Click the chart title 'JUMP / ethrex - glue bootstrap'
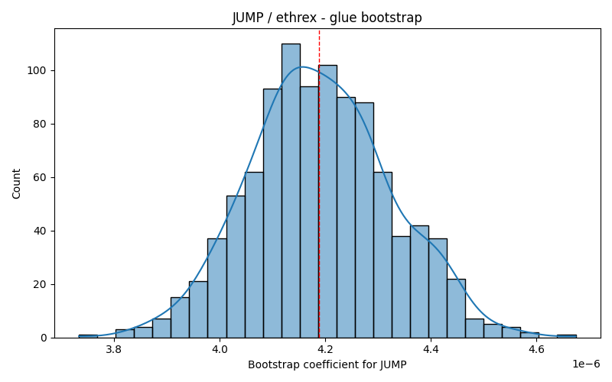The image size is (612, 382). click(x=327, y=18)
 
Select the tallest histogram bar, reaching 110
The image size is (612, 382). click(x=291, y=191)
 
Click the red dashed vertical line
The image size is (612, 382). click(x=319, y=183)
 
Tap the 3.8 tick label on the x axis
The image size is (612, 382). click(x=114, y=349)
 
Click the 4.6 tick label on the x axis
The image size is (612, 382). click(x=536, y=349)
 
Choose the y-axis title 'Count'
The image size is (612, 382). click(x=16, y=183)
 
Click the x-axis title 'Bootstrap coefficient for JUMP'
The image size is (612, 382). click(x=327, y=365)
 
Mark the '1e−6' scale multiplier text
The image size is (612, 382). click(x=586, y=364)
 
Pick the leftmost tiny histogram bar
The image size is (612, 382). click(x=88, y=336)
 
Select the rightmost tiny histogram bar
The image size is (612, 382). click(x=567, y=336)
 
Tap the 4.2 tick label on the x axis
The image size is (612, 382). click(x=324, y=349)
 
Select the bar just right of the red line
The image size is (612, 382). click(x=328, y=202)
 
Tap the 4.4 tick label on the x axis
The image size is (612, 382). click(x=431, y=349)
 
